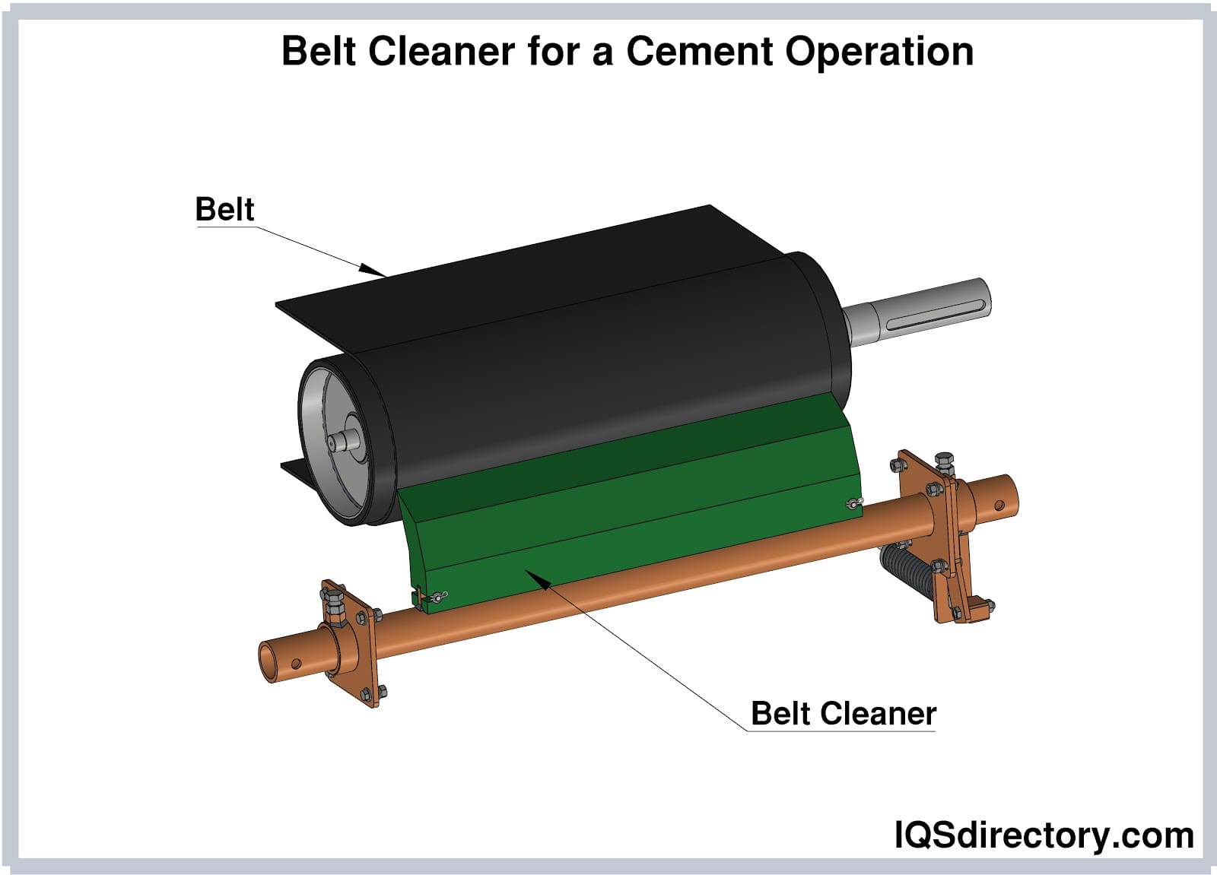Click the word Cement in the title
700,52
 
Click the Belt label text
224,209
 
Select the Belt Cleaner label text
843,713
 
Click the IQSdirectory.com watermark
1044,835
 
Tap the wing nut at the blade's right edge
853,503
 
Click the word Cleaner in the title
441,52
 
